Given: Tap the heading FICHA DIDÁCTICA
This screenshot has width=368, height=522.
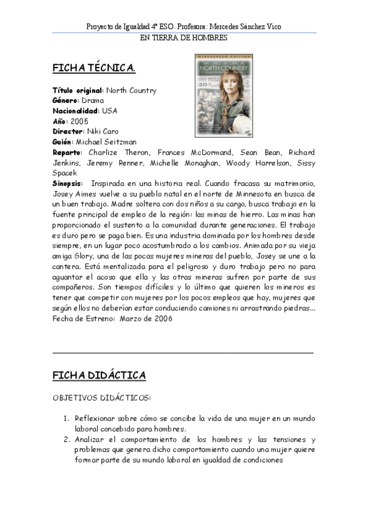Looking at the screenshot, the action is click(x=99, y=375).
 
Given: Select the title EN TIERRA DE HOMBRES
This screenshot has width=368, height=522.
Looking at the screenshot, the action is click(x=184, y=38).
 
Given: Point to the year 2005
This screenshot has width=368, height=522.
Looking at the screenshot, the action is click(x=80, y=121).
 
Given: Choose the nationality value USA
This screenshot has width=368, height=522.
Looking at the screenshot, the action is click(x=109, y=111).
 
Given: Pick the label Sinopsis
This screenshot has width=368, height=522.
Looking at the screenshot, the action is click(x=68, y=184).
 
